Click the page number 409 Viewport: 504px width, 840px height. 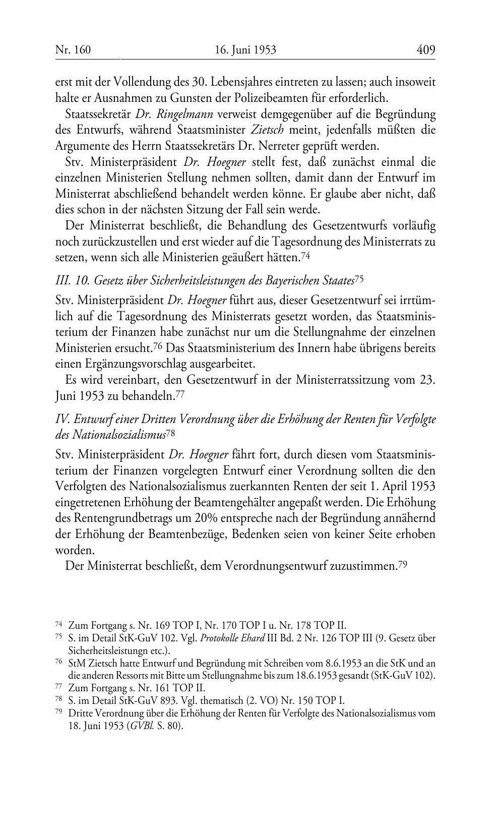425,50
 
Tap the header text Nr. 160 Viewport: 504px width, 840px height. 73,50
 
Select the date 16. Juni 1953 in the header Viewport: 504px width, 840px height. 245,50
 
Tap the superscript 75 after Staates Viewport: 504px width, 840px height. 359,278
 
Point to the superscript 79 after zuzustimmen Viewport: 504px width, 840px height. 402,565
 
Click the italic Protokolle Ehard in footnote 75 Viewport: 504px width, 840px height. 232,638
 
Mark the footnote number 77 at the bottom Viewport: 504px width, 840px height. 58,688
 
